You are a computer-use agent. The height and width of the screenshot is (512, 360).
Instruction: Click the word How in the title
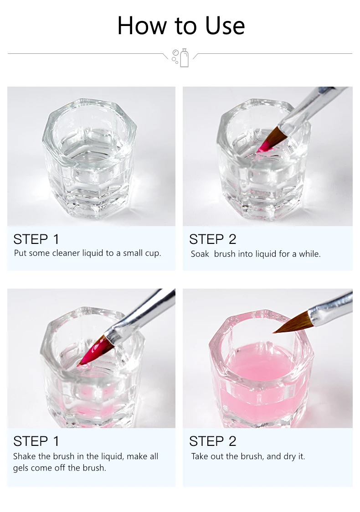tap(142, 26)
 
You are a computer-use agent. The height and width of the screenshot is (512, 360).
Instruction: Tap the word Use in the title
tap(225, 26)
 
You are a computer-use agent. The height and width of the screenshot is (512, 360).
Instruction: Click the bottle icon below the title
tap(184, 57)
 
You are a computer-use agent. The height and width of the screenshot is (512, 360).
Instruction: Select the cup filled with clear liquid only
tap(89, 158)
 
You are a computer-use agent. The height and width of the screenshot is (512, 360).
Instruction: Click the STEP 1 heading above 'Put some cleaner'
tap(36, 239)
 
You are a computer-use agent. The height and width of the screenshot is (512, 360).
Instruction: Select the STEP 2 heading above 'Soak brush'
tap(212, 239)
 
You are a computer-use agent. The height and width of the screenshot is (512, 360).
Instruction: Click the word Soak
tap(200, 253)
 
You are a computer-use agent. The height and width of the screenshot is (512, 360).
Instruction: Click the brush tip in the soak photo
tap(270, 140)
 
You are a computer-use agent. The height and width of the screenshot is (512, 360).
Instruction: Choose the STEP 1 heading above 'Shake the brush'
tap(36, 441)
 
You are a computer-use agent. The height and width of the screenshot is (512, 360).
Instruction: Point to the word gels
tap(20, 468)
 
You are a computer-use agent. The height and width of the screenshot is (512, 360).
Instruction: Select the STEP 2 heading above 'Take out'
tap(212, 441)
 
